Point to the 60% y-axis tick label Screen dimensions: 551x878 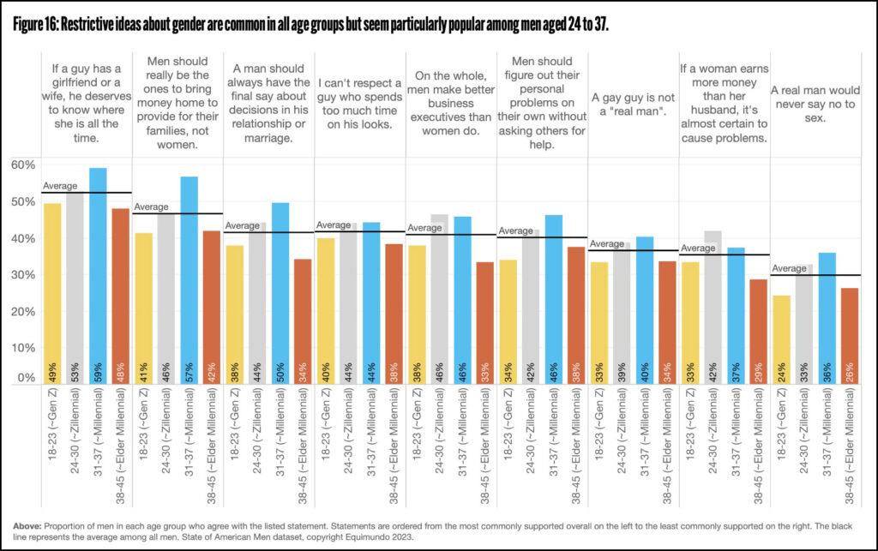(x=23, y=164)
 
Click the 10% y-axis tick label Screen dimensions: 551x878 (x=23, y=347)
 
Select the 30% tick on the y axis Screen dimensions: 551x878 (x=23, y=274)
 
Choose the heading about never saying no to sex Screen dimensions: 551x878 (x=815, y=105)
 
